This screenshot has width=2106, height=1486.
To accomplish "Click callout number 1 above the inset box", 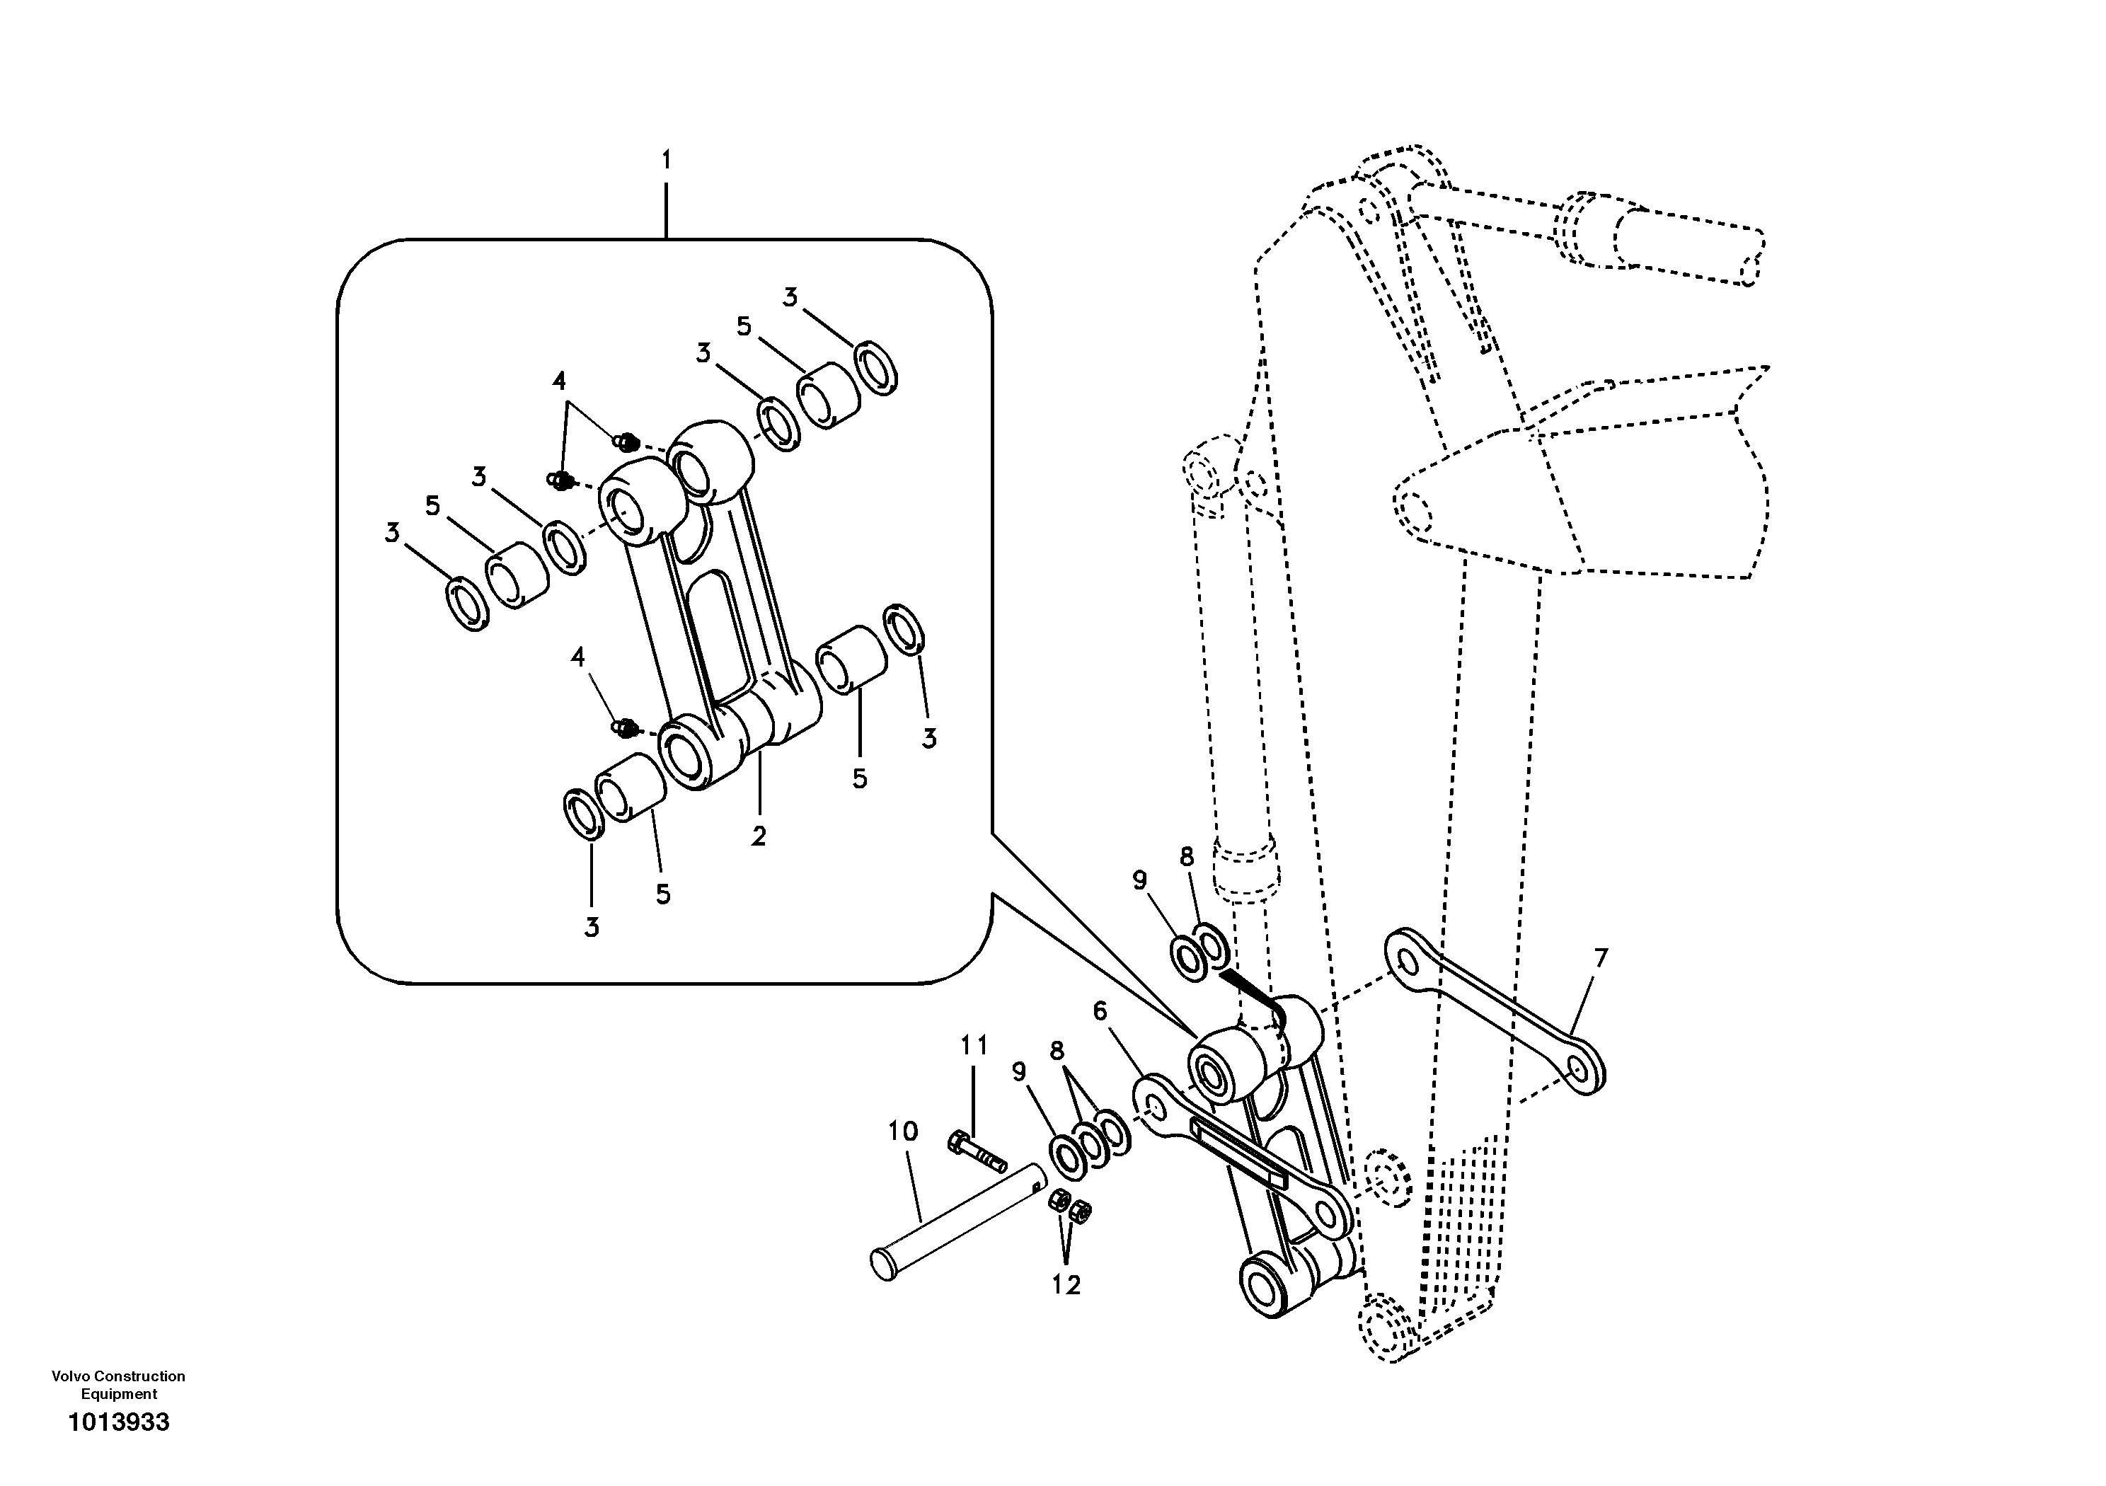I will pyautogui.click(x=667, y=161).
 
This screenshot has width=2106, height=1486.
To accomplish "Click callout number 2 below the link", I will pyautogui.click(x=759, y=836).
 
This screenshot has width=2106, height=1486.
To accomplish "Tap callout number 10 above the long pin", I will pyautogui.click(x=902, y=1132).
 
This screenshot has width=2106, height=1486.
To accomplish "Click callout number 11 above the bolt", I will pyautogui.click(x=974, y=1044).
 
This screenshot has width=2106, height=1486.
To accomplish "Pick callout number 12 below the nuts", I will pyautogui.click(x=1066, y=1285).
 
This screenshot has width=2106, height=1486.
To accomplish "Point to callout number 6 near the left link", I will pyautogui.click(x=1100, y=1011).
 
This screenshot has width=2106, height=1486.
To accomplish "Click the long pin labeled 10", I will pyautogui.click(x=954, y=1228).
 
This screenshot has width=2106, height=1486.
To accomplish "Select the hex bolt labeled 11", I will pyautogui.click(x=976, y=1154).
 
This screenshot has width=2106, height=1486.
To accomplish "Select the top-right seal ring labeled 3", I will pyautogui.click(x=876, y=367).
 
